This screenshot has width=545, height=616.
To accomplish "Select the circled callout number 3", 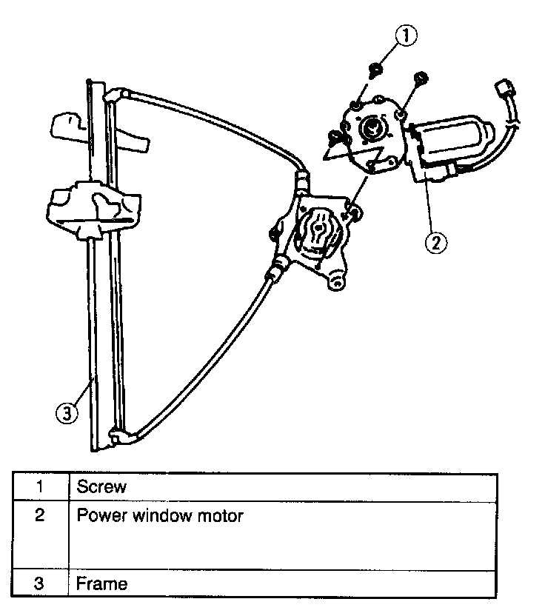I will pyautogui.click(x=66, y=413).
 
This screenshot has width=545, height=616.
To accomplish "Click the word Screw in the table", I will pyautogui.click(x=101, y=486).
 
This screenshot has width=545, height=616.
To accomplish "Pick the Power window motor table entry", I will pyautogui.click(x=159, y=515).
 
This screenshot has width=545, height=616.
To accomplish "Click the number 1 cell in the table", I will pyautogui.click(x=39, y=486).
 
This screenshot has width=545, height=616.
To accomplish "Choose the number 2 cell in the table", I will pyautogui.click(x=39, y=515).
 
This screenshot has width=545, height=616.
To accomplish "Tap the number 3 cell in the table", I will pyautogui.click(x=39, y=583).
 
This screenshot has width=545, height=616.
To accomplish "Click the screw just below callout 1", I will pyautogui.click(x=376, y=70).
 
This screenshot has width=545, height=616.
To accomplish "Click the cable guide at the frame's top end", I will pyautogui.click(x=117, y=95).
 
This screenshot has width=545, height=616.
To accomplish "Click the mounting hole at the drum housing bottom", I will pyautogui.click(x=338, y=281).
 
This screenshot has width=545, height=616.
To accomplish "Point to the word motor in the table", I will pyautogui.click(x=220, y=515).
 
